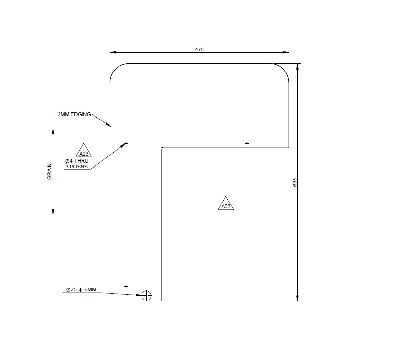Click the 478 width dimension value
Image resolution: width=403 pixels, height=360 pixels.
pos(199,49)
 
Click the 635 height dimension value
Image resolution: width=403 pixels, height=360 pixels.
pos(295,182)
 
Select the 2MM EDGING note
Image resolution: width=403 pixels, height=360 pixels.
pos(74,114)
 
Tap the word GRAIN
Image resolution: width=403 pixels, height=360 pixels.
pos(49,173)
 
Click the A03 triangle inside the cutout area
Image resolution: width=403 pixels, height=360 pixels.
pos(226,204)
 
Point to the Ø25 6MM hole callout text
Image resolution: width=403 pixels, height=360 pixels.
pos(81,290)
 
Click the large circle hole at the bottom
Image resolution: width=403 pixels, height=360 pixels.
pos(146,295)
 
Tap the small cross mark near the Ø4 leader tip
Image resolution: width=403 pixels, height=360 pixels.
pos(126,143)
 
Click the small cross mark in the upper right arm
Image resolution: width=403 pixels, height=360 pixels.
pos(247,143)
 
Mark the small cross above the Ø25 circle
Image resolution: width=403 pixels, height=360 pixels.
pos(126,286)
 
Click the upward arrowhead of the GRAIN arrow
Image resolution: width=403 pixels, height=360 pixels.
pos(53,131)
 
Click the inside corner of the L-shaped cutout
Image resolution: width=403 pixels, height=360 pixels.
pos(162,148)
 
